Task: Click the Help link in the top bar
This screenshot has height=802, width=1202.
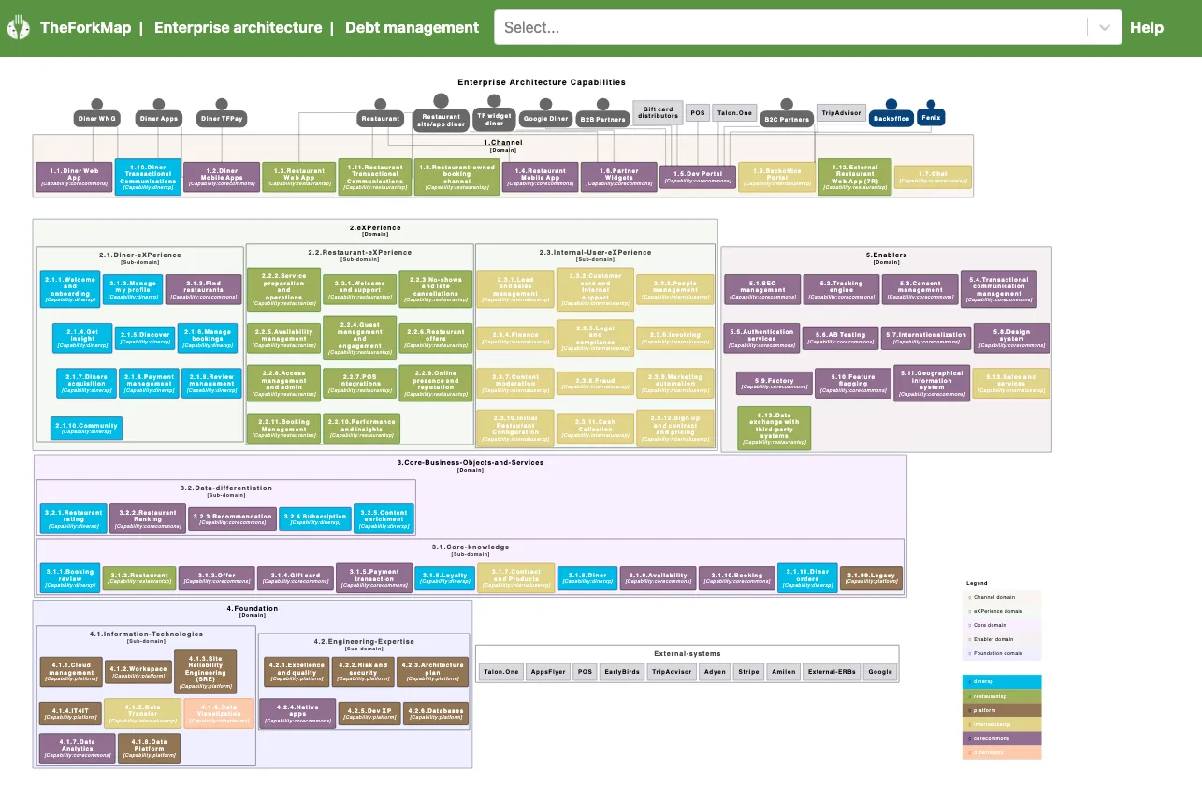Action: point(1146,27)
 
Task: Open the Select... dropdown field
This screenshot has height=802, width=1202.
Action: point(795,27)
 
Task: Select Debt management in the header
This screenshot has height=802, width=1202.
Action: point(412,27)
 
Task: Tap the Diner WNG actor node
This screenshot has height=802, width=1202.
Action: point(97,119)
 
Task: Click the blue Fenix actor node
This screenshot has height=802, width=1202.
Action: point(930,117)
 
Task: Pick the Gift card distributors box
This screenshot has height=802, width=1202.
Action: point(658,112)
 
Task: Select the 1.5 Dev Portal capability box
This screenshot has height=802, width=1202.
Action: point(697,176)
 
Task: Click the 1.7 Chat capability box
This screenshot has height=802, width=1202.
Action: point(933,177)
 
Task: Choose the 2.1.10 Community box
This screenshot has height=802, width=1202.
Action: point(86,429)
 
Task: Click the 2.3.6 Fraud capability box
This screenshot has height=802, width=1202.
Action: point(595,383)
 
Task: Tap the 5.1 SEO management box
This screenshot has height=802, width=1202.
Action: point(762,289)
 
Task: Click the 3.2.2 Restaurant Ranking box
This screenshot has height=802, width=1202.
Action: point(147,518)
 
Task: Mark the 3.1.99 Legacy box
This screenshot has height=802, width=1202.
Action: point(871,578)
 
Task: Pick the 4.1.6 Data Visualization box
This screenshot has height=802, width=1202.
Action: point(219,714)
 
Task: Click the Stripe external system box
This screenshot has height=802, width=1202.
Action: point(747,672)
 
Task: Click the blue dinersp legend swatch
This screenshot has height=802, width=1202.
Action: point(1001,681)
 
